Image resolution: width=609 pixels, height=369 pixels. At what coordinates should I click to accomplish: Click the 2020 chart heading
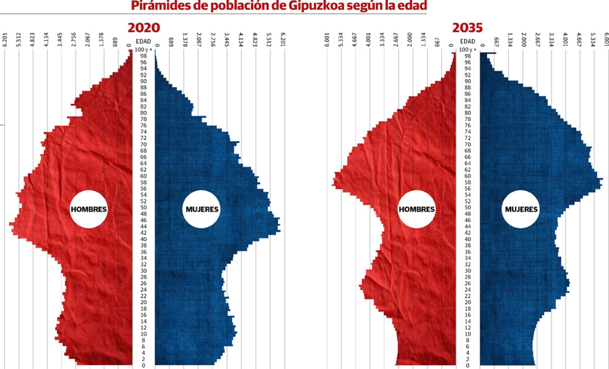(144, 28)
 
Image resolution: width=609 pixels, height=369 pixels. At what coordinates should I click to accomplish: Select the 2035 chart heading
(467, 28)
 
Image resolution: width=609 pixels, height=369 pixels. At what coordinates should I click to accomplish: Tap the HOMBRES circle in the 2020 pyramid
(89, 209)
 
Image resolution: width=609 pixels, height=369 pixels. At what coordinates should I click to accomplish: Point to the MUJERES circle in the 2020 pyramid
(202, 209)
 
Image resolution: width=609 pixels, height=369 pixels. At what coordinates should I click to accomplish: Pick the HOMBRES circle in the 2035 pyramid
(417, 209)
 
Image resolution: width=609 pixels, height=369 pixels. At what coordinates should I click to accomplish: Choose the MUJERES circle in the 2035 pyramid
(521, 209)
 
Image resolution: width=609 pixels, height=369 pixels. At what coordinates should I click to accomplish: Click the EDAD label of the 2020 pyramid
(144, 41)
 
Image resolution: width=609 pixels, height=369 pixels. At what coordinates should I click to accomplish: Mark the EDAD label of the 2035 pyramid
(468, 41)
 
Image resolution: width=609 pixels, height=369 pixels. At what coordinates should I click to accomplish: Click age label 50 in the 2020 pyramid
(144, 207)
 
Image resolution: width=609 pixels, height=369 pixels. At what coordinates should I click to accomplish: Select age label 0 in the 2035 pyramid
(468, 366)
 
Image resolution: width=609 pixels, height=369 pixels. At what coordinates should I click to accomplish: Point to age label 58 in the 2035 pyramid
(468, 182)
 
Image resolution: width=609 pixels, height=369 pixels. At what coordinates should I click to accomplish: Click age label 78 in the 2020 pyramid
(144, 119)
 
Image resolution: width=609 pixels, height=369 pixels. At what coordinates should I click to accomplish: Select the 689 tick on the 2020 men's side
(115, 41)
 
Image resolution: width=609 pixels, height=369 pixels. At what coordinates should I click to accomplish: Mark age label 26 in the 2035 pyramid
(468, 283)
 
